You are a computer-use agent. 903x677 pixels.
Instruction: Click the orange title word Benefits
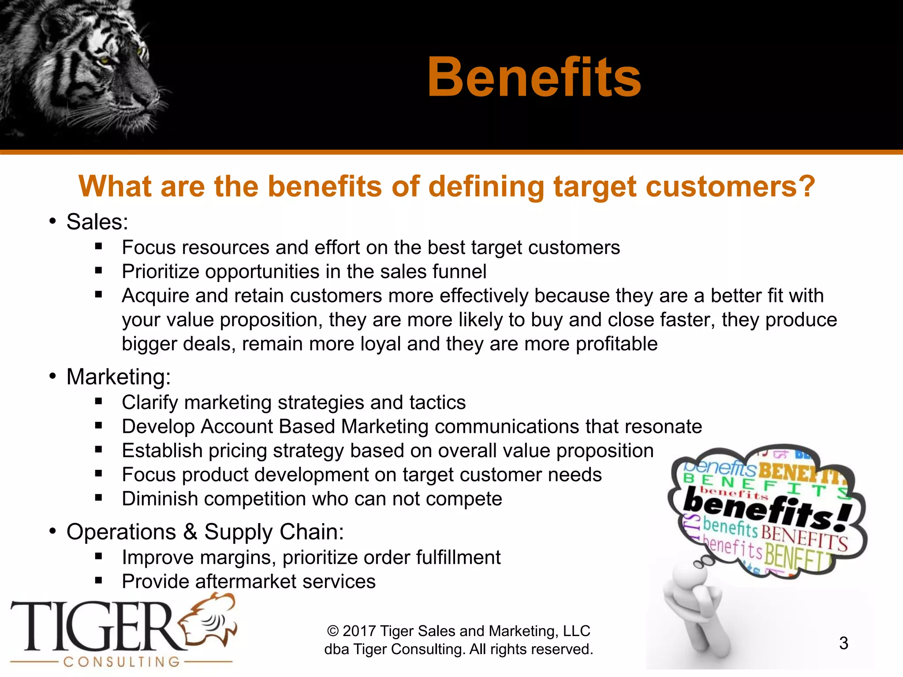point(534,78)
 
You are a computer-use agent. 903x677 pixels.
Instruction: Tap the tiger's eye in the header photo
point(105,59)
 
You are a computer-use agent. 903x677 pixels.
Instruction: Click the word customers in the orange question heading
point(731,186)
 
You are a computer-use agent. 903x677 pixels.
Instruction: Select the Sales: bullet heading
point(97,222)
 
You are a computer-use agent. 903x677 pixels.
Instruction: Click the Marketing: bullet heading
point(118,377)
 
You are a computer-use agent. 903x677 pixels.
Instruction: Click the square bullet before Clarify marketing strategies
point(98,402)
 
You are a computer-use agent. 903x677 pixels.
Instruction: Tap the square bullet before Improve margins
point(98,557)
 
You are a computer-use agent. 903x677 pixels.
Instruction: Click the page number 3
point(843,643)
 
